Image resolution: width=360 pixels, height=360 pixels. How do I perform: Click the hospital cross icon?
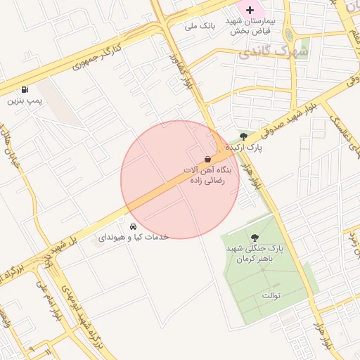tap(250, 10)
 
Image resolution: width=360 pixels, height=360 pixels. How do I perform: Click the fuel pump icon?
tap(26, 89)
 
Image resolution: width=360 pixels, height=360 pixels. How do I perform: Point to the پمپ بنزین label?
tap(25, 101)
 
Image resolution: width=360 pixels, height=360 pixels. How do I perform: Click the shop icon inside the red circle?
tap(207, 159)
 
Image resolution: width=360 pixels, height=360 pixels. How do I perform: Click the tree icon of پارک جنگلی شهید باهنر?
tap(253, 238)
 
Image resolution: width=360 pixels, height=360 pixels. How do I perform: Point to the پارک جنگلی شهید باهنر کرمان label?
tap(254, 255)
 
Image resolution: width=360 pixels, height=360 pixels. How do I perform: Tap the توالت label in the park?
tap(271, 295)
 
